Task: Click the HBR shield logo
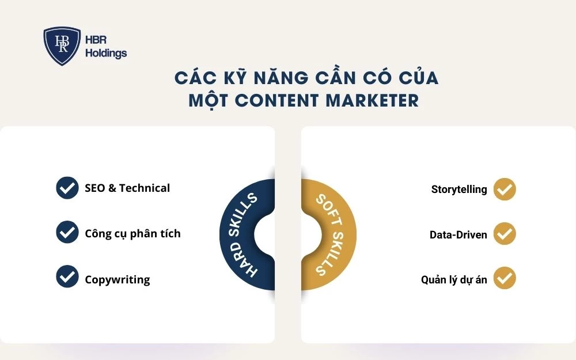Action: (62, 46)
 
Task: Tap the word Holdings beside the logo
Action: (106, 54)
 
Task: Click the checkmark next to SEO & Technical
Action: (67, 188)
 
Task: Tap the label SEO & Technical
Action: (127, 188)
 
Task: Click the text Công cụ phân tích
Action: (132, 233)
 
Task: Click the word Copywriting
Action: (118, 280)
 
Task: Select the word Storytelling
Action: (459, 189)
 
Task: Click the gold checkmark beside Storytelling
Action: (505, 189)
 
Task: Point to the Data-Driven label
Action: (458, 234)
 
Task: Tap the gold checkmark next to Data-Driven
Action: (505, 234)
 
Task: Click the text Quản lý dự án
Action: (454, 280)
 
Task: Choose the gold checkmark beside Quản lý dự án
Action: (505, 278)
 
